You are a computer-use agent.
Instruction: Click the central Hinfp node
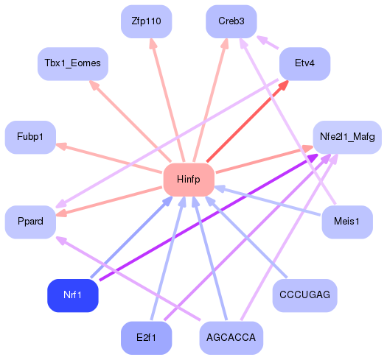pos(188,180)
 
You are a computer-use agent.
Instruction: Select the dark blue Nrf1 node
pos(73,295)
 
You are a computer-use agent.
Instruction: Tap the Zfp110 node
pos(146,21)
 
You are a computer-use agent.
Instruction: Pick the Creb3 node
pos(231,21)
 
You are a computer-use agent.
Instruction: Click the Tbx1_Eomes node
pos(72,64)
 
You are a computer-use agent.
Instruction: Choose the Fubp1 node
pos(30,137)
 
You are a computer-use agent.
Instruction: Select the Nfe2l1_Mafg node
pos(347,137)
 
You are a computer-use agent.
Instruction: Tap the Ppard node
pos(30,222)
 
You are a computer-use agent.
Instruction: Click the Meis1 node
pos(346,222)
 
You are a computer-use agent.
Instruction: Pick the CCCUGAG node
pos(304,295)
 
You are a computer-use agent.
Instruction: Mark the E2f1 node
pos(146,338)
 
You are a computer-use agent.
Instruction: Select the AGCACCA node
pos(231,338)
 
